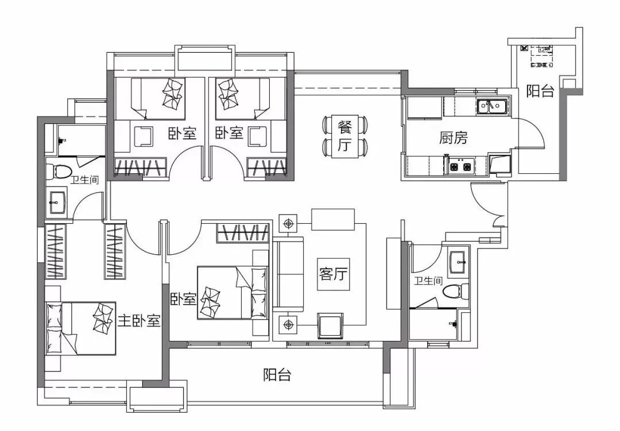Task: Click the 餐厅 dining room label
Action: click(x=344, y=137)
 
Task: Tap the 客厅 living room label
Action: click(x=334, y=274)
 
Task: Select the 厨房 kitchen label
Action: click(x=454, y=138)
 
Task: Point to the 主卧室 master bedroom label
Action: click(x=139, y=321)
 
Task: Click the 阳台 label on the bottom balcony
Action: click(x=277, y=374)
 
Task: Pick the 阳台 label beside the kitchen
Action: click(x=540, y=91)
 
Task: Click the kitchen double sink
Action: click(x=492, y=106)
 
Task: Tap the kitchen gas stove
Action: click(x=460, y=166)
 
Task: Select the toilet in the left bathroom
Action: click(x=58, y=172)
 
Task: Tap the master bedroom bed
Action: click(x=80, y=329)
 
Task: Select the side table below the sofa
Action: click(x=288, y=325)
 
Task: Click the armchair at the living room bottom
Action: click(x=331, y=326)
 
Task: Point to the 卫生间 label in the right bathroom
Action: click(x=428, y=281)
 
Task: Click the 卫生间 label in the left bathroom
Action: click(x=84, y=180)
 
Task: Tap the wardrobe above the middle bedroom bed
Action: click(x=243, y=233)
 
